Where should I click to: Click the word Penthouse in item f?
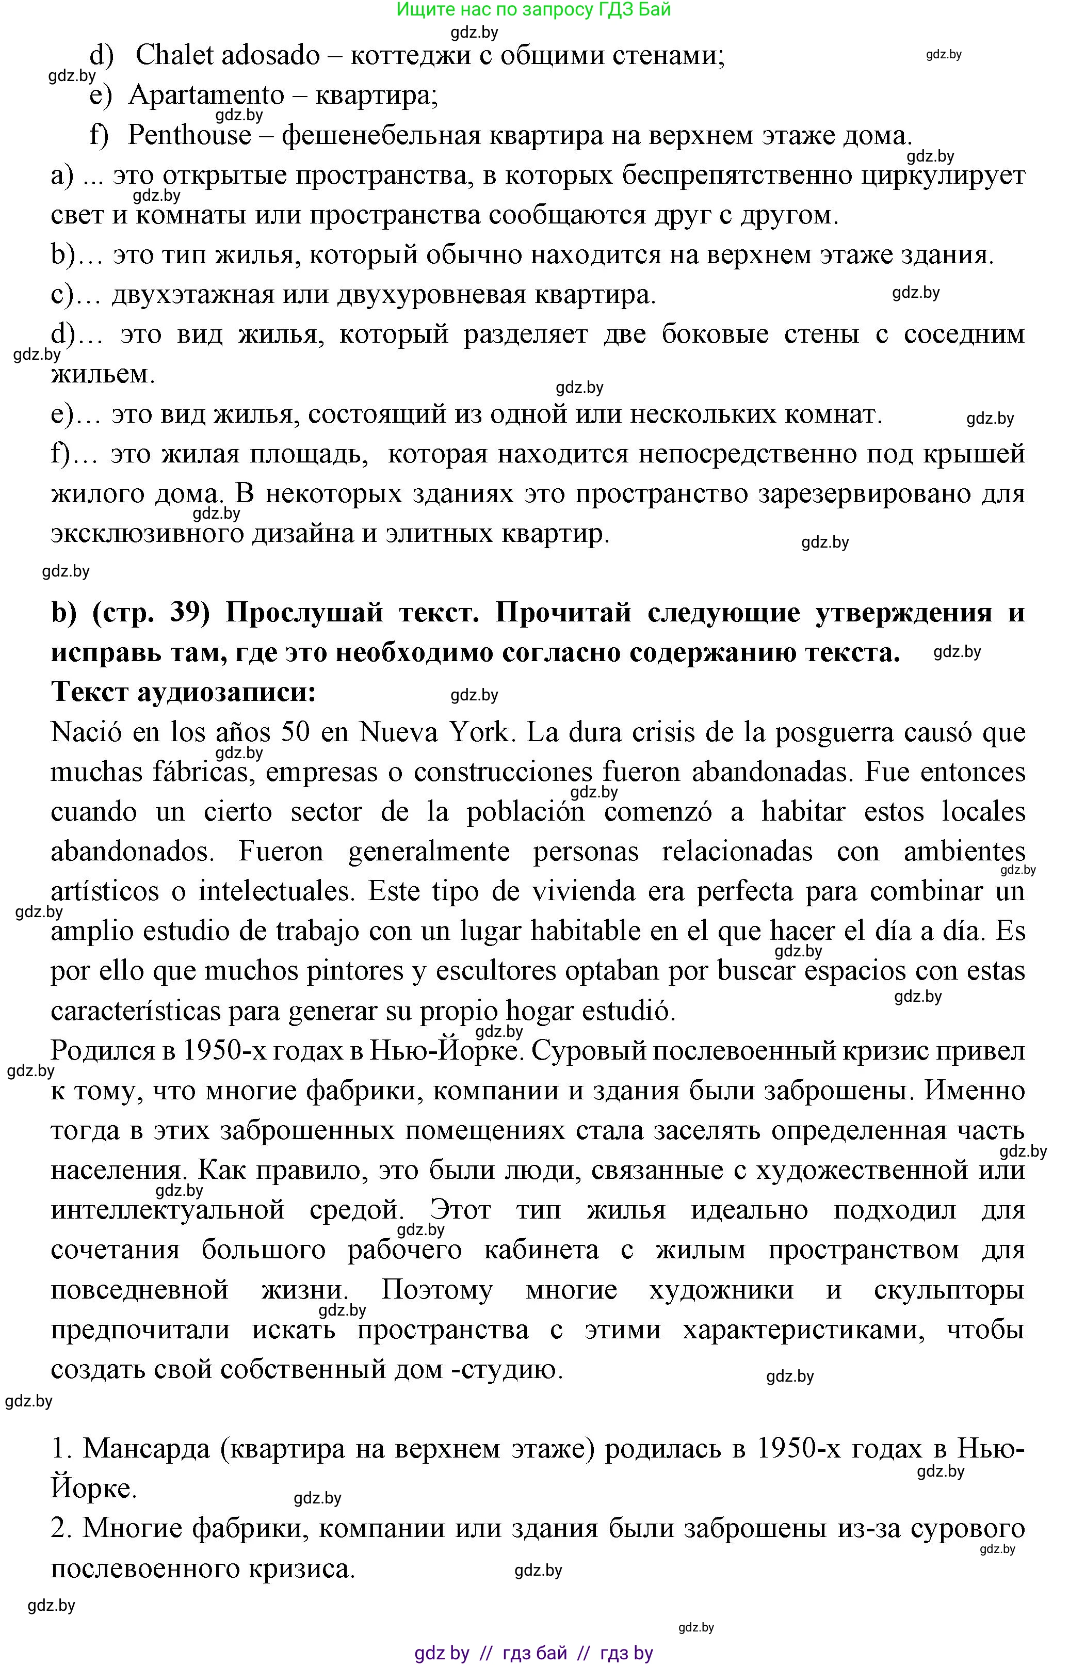click(x=189, y=135)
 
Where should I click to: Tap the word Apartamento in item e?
click(x=206, y=95)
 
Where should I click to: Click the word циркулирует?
click(x=943, y=175)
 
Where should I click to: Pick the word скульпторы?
click(x=949, y=1290)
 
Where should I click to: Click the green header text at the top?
click(x=534, y=10)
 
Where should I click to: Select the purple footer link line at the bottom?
click(x=534, y=1653)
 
